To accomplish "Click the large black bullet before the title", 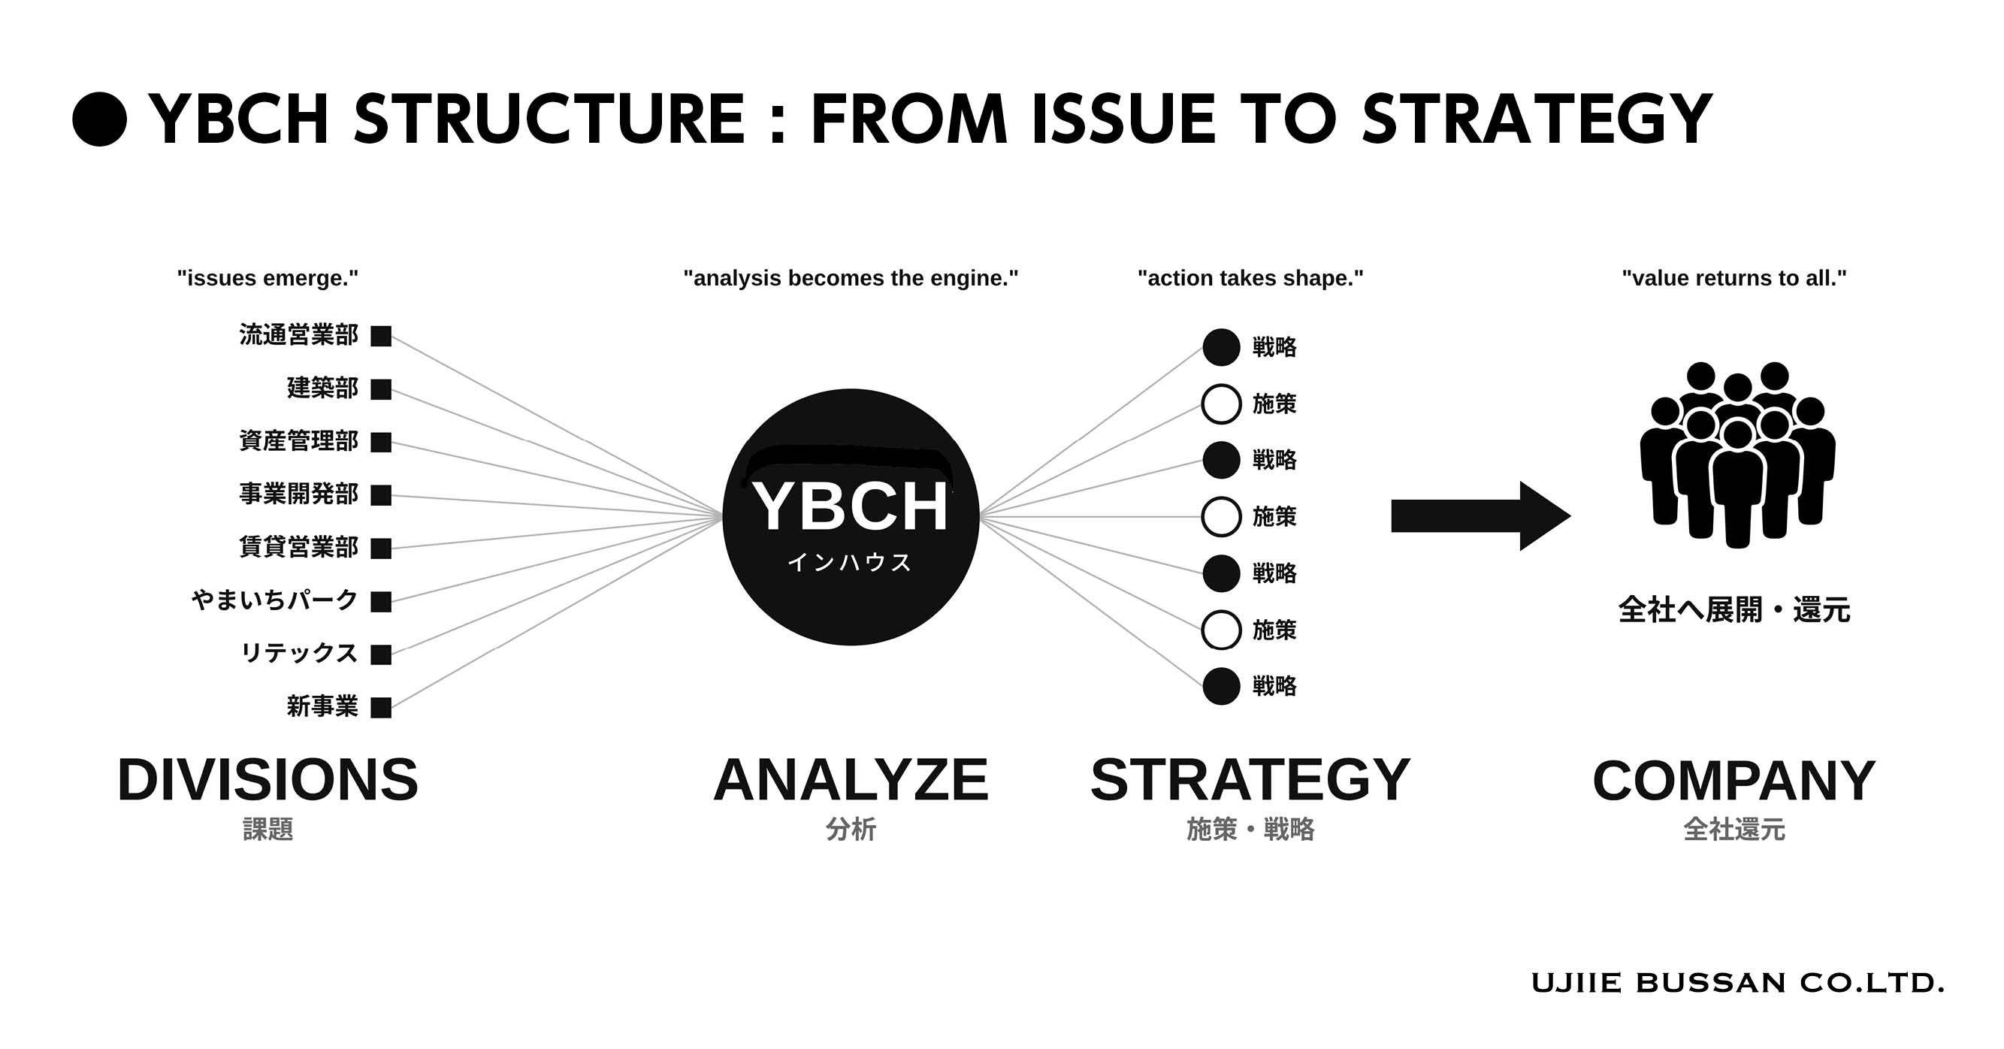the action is pos(100,119).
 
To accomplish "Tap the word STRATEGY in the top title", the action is pos(1537,119).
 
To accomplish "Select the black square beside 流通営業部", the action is pos(381,336).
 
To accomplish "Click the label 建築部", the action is pos(323,388).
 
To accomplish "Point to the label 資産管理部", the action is pos(299,440).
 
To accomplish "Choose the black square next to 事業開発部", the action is pos(381,495).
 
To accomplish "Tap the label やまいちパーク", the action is pos(274,600).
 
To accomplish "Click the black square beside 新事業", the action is pos(381,707).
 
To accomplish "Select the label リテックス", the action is pos(300,653).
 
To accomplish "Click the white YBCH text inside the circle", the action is pos(851,506).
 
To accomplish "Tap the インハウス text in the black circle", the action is pos(850,562).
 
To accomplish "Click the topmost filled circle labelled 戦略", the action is pos(1221,347).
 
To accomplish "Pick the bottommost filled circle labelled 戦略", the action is pos(1221,686).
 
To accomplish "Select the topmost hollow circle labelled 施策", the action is pos(1221,387).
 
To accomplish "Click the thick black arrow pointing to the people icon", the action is pos(1480,516).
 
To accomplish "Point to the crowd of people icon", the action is pos(1737,455).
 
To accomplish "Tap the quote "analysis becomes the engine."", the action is pos(851,278).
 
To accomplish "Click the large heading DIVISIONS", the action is pos(268,780).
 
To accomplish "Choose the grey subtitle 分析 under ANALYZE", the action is pos(851,830).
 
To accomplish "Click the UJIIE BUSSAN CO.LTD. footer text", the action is pos(1737,983).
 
